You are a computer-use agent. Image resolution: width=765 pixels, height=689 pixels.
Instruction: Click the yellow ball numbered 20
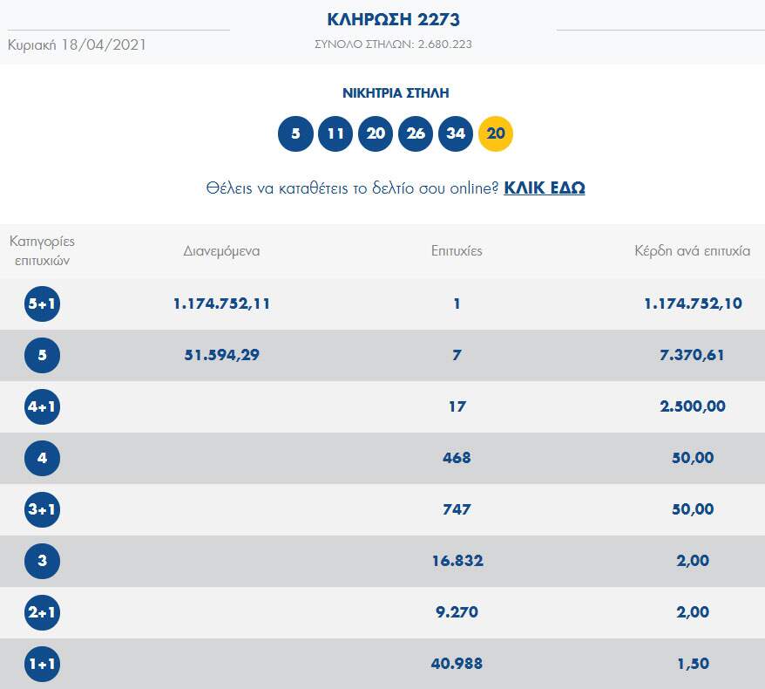(x=496, y=133)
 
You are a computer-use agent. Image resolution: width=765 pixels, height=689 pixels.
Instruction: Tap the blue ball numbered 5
(x=295, y=133)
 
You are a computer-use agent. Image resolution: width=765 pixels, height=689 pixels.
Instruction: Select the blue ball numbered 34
(x=456, y=133)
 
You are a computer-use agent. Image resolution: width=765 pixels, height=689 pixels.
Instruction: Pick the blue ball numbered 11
(x=335, y=133)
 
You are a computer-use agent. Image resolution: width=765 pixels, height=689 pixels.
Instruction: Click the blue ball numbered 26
(x=416, y=133)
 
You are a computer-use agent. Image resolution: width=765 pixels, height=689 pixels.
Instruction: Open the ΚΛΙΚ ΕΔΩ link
(x=544, y=188)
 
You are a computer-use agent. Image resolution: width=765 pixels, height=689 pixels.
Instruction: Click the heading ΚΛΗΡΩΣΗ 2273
(x=393, y=19)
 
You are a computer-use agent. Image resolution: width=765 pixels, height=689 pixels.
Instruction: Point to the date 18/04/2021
(x=104, y=44)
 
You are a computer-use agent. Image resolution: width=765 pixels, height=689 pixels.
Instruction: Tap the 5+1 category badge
(x=42, y=304)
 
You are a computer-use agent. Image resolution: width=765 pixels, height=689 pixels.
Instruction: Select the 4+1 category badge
(x=42, y=406)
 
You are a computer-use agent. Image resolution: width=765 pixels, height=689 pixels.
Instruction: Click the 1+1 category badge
(x=42, y=664)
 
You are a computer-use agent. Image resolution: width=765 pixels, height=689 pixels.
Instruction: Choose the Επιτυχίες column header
(x=457, y=251)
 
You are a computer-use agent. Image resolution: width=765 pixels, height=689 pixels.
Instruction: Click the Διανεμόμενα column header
(x=221, y=251)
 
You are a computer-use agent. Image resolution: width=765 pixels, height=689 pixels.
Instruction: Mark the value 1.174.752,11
(x=221, y=304)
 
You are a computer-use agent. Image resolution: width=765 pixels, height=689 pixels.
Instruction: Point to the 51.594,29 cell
(x=221, y=355)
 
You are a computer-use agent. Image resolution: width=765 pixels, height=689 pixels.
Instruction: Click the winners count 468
(x=457, y=458)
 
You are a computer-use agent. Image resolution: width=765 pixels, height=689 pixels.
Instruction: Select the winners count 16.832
(x=457, y=561)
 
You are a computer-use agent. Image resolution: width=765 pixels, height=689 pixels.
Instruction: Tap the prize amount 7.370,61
(x=693, y=355)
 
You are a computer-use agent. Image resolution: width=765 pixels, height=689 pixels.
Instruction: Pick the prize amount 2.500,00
(x=693, y=406)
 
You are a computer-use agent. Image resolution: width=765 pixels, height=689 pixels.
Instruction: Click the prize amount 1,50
(x=693, y=664)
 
